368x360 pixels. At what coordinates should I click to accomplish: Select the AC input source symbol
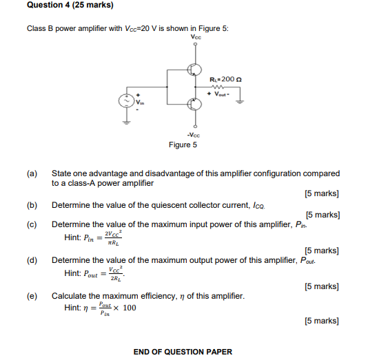point(127,101)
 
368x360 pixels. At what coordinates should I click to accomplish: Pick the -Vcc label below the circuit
point(196,135)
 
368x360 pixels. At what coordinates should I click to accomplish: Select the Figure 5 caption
point(183,145)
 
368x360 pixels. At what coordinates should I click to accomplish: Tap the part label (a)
point(32,174)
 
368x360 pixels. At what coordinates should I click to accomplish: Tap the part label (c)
point(32,224)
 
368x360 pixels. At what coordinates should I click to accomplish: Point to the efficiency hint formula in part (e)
point(101,308)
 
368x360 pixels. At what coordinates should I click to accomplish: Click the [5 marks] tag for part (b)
point(322,215)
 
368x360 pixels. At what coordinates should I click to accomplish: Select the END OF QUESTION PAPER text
point(183,352)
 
